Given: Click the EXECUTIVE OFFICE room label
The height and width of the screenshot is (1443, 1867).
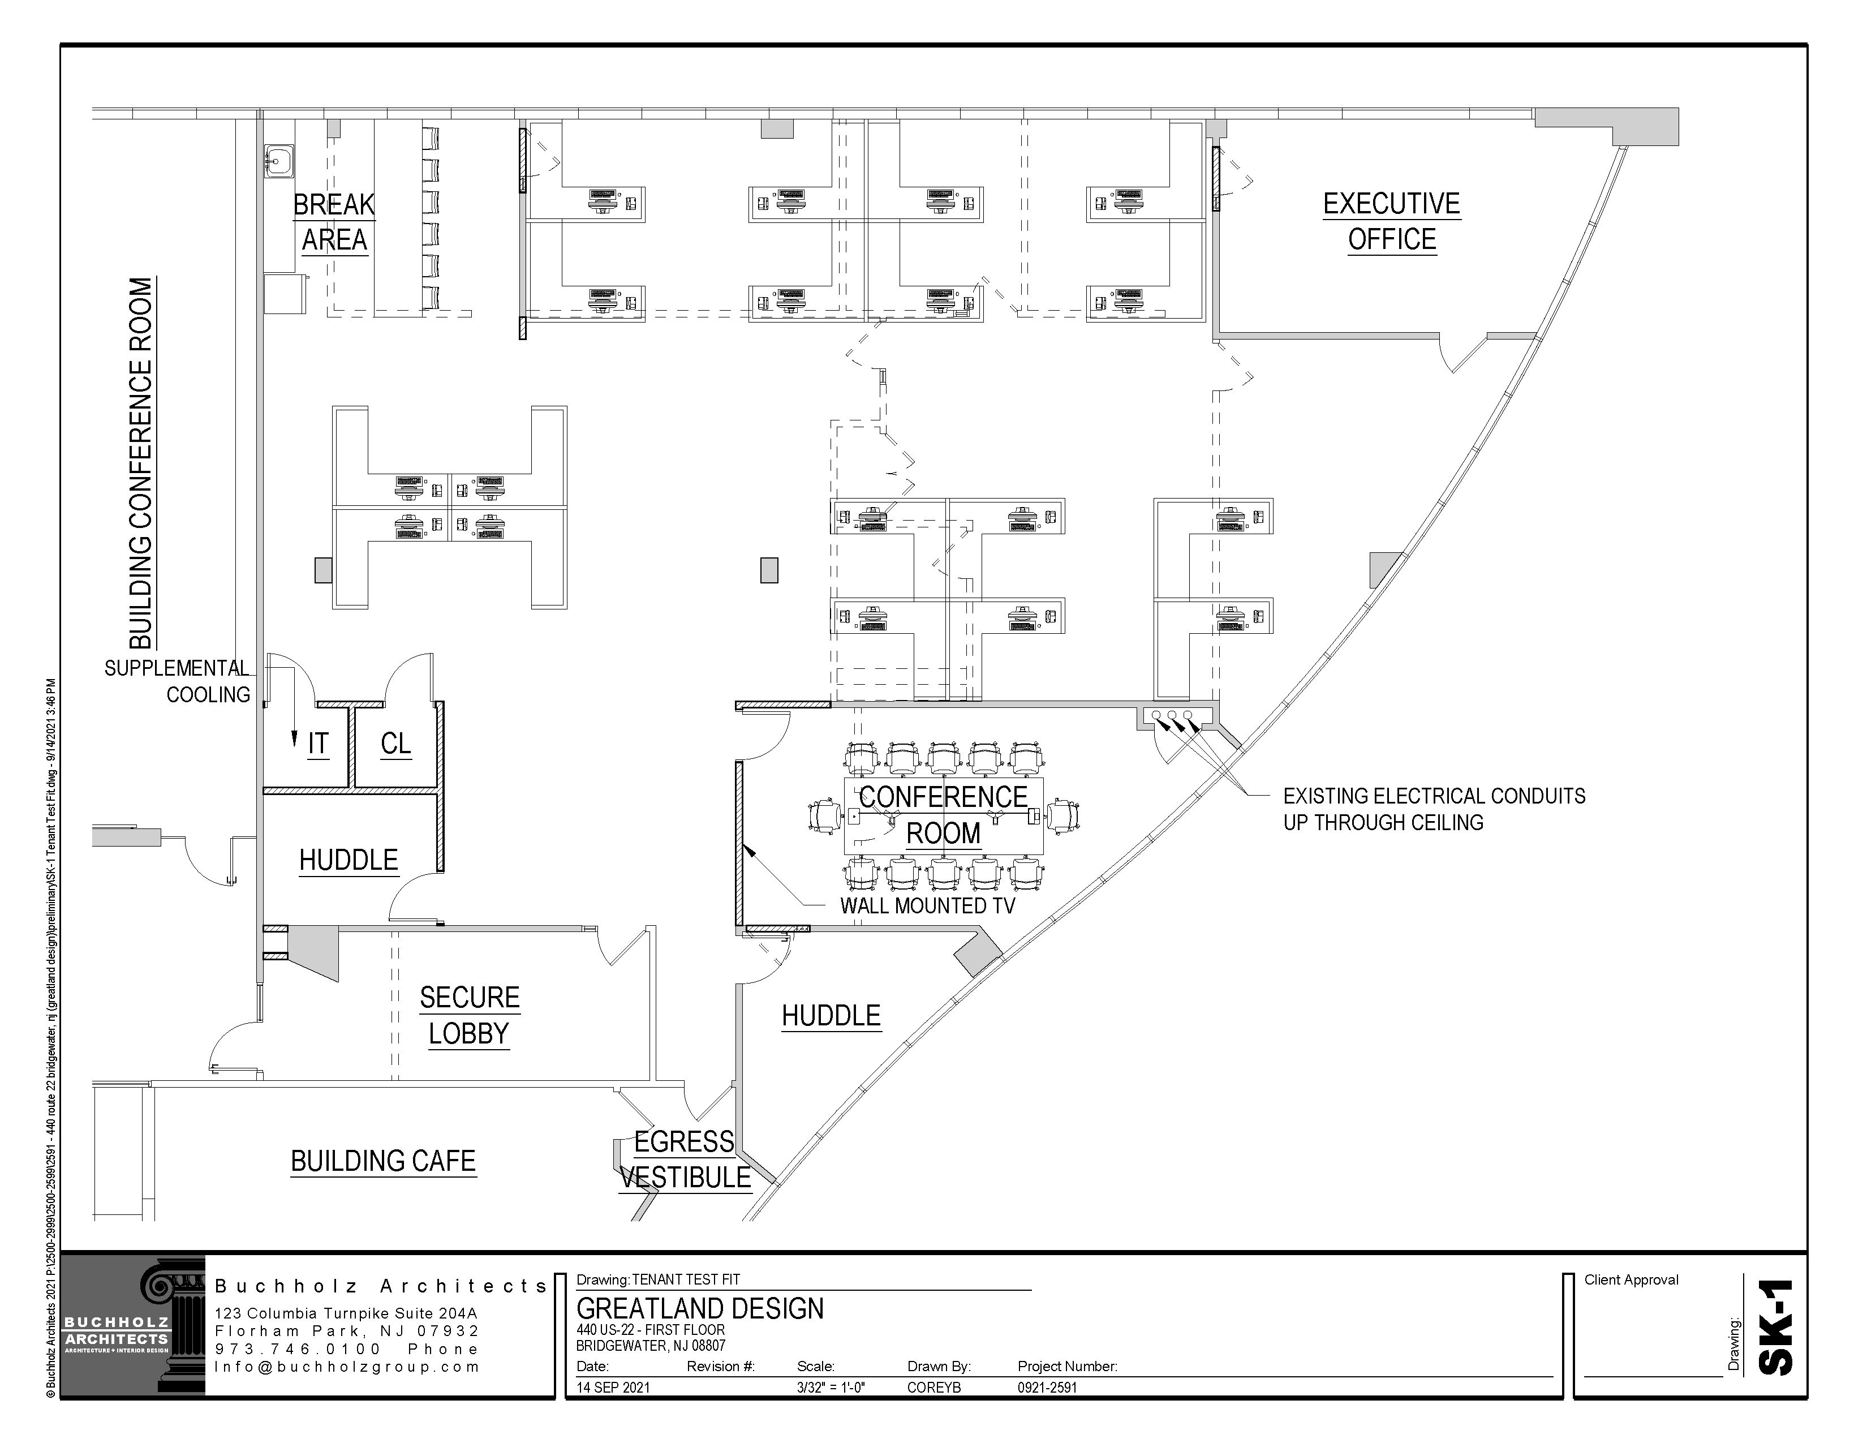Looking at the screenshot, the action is tap(1392, 221).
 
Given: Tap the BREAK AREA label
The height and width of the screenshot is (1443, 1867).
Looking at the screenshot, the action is tap(334, 222).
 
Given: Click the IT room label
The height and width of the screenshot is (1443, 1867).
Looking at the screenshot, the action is tap(318, 744).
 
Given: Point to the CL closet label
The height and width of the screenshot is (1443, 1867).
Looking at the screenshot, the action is tap(396, 744).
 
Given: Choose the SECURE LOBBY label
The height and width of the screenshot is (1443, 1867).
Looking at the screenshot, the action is tap(470, 1016).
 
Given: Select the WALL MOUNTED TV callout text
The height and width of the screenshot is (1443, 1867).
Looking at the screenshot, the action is tap(927, 906).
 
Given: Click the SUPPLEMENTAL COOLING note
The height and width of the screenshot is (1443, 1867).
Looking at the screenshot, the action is tap(178, 681).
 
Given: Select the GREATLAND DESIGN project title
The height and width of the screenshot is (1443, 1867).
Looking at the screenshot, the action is tap(700, 1309).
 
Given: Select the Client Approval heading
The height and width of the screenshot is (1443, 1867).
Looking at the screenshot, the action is tap(1631, 1279).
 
